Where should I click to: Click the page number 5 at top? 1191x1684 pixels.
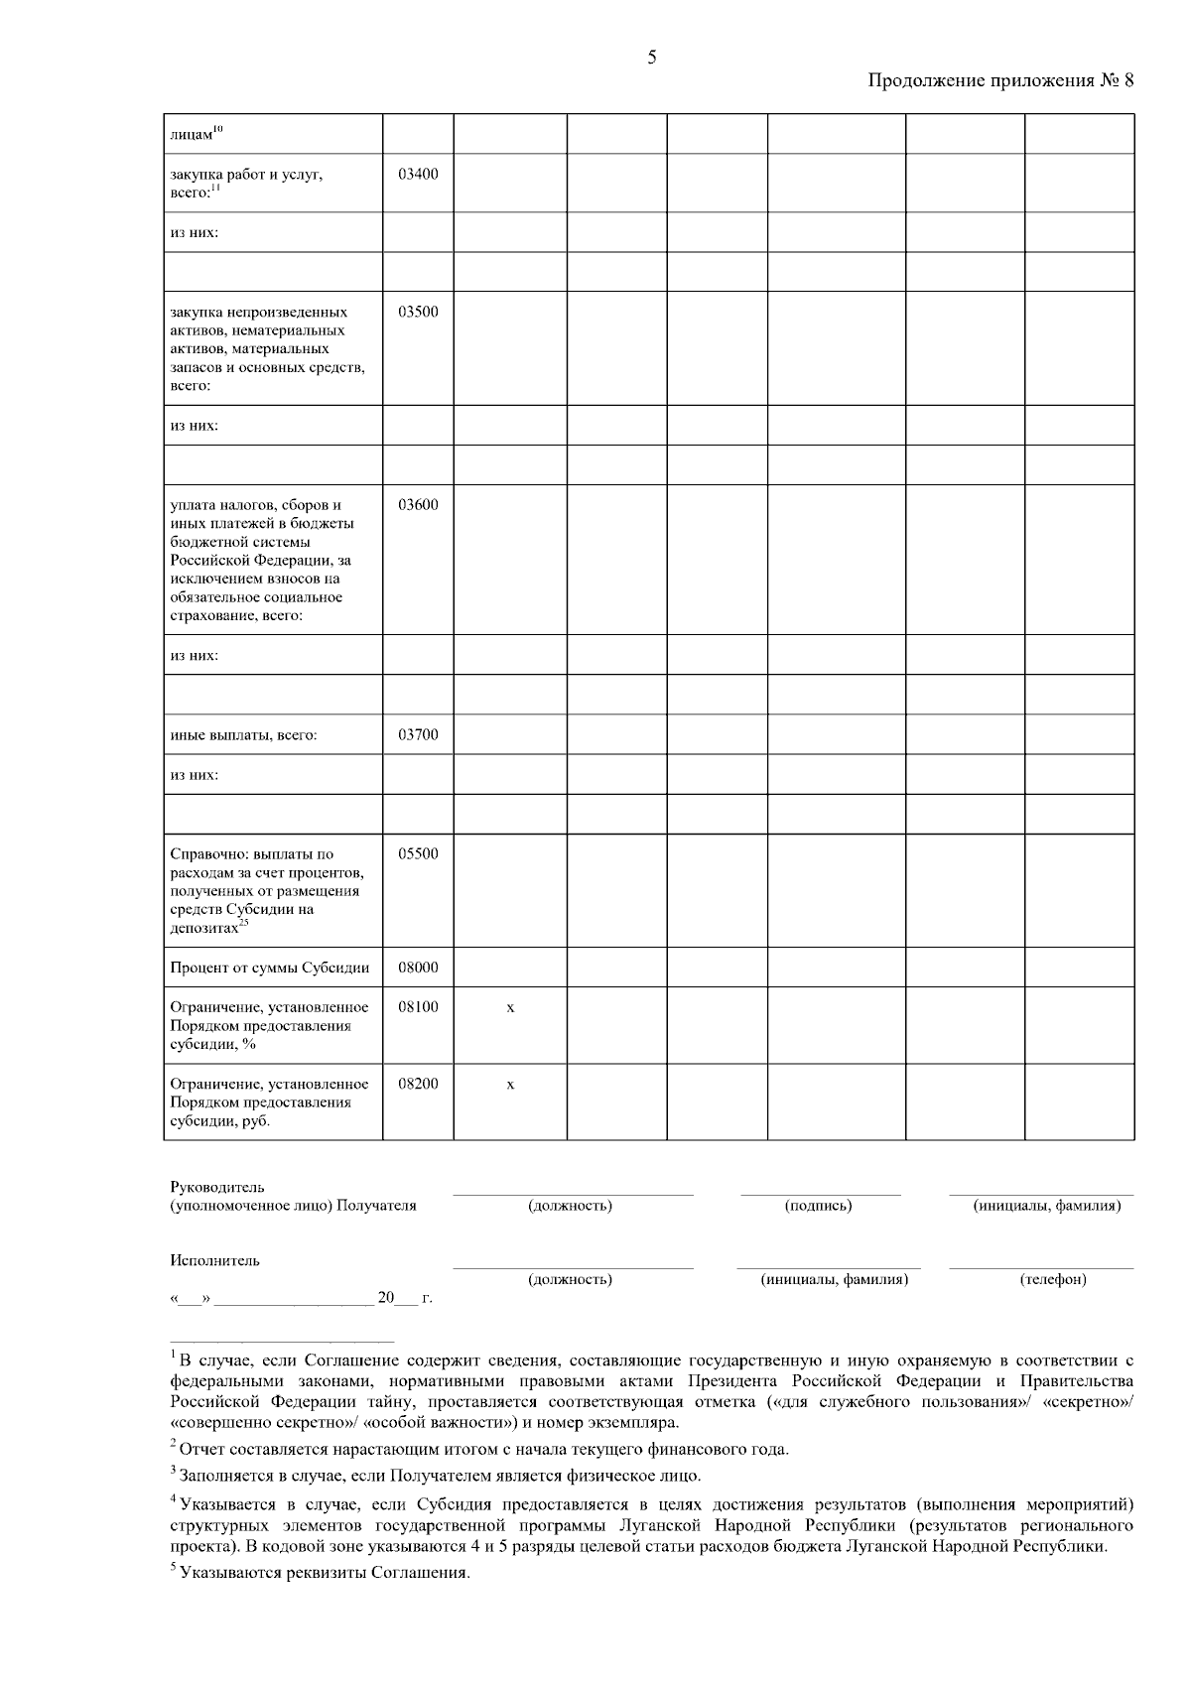point(652,58)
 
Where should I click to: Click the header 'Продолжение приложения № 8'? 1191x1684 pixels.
point(1000,81)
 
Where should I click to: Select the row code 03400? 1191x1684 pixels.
point(418,174)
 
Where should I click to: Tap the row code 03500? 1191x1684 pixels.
point(418,312)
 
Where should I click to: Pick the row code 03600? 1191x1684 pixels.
point(418,504)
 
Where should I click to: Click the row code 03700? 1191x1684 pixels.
point(418,735)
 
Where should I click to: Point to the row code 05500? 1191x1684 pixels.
point(418,853)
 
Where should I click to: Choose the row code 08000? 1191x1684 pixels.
point(418,968)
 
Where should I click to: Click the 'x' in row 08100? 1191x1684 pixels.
point(510,1007)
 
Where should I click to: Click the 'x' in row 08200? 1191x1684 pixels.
point(510,1085)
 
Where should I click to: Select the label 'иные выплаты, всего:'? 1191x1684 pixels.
point(243,736)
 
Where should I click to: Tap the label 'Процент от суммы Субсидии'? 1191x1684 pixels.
point(269,969)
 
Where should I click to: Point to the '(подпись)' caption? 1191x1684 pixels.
point(819,1206)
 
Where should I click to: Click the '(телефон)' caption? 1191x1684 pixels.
point(1053,1279)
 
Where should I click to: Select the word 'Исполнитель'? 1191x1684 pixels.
point(214,1260)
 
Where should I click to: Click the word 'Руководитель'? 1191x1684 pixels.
point(217,1187)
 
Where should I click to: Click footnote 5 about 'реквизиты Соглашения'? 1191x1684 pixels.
point(320,1574)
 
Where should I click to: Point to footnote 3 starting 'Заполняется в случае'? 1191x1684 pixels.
point(437,1476)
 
